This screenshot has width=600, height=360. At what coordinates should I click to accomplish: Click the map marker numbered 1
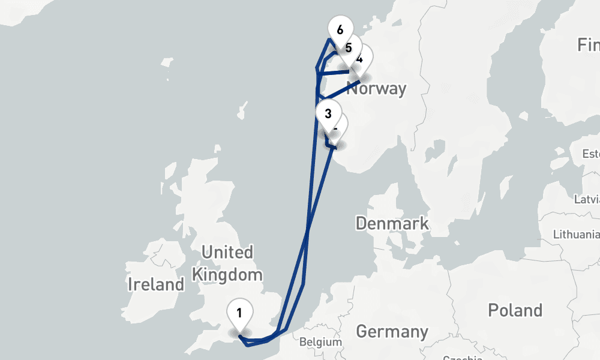[239, 313]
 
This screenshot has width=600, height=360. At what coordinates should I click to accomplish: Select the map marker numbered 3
[328, 113]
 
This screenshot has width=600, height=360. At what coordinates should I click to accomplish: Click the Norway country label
[377, 89]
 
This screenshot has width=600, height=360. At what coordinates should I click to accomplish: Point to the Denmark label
[392, 224]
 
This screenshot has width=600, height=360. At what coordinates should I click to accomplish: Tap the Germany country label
[392, 331]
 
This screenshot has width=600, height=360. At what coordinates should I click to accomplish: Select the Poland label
[515, 310]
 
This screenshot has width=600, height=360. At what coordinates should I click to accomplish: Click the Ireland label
[156, 284]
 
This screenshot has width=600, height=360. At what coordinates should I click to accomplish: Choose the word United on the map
[227, 252]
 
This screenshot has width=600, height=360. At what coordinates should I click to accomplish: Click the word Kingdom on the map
[227, 275]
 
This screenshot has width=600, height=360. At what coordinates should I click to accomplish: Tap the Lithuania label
[576, 234]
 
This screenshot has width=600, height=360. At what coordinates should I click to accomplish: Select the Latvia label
[587, 199]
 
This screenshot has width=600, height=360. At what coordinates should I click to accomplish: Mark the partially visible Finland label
[588, 44]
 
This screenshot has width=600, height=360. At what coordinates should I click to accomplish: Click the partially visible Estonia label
[590, 154]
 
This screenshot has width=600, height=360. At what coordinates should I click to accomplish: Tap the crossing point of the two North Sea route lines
[308, 229]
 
